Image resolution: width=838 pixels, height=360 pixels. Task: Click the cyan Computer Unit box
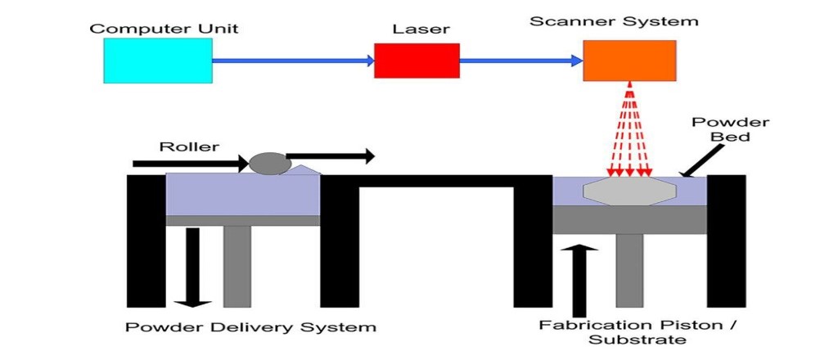pos(158,60)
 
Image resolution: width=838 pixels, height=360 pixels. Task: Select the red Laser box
pos(417,60)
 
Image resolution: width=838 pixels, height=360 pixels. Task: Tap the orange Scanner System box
pos(629,60)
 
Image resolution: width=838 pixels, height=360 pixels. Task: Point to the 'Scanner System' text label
pos(614,21)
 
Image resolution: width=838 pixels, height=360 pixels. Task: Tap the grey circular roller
pos(269,162)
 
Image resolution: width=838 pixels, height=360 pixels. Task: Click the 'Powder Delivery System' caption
pos(250,327)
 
